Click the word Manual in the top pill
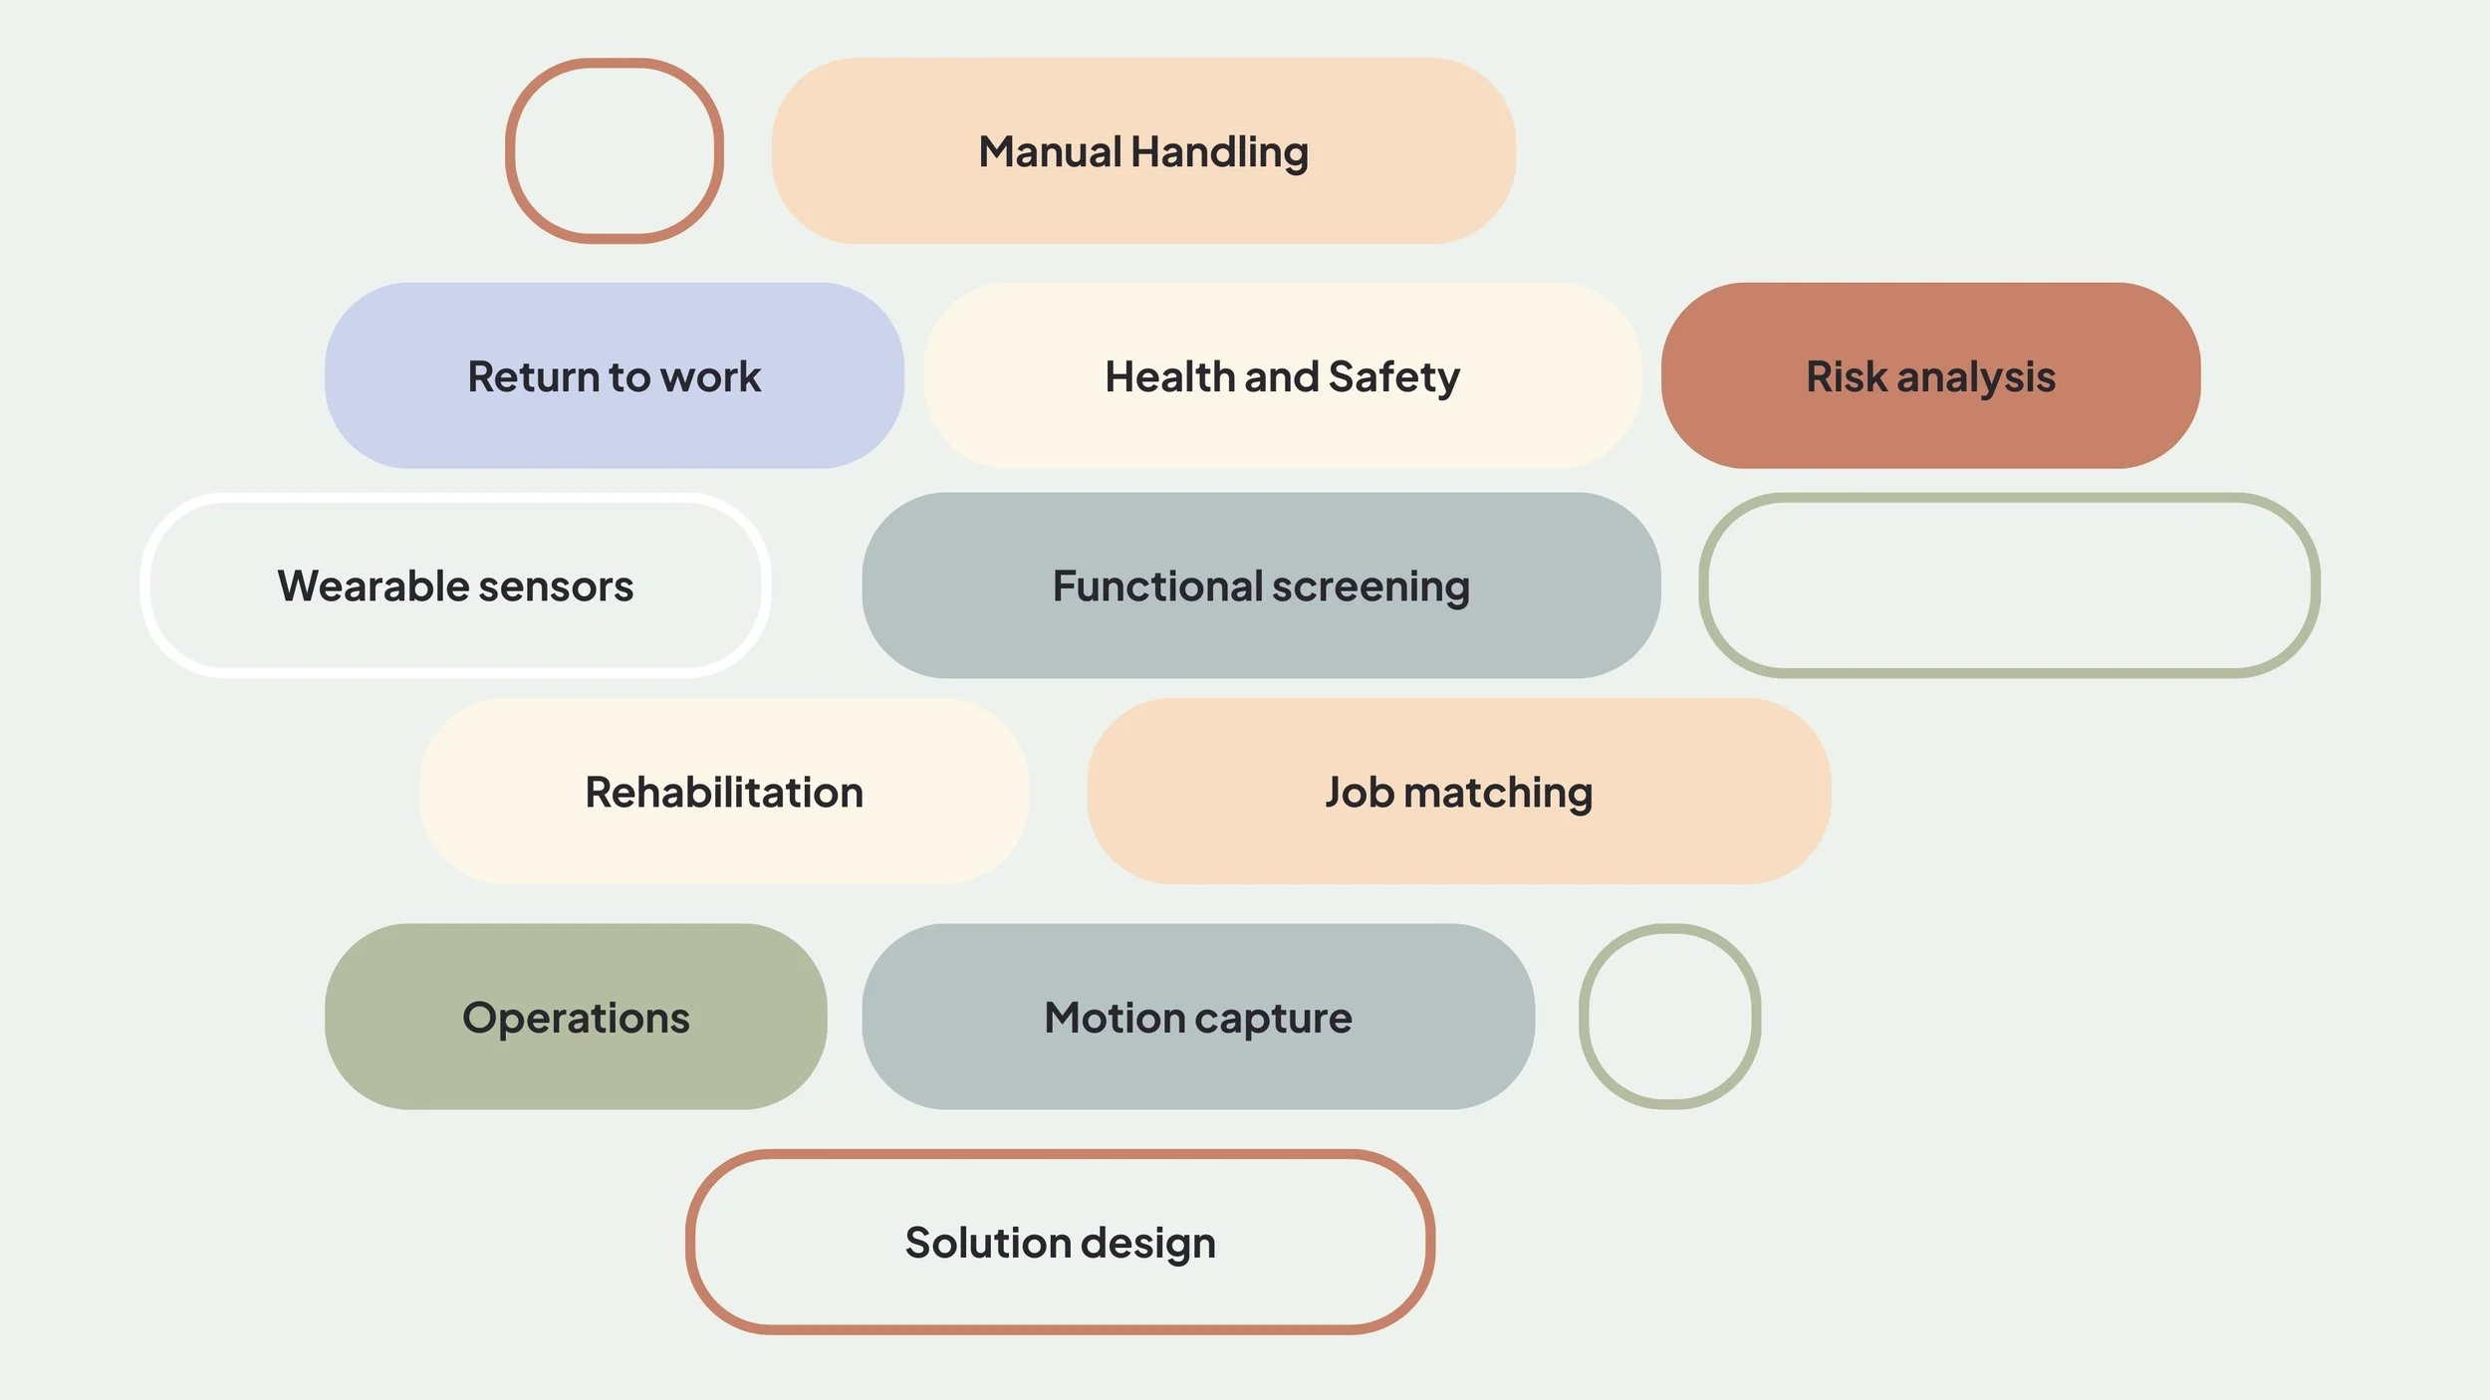pyautogui.click(x=1050, y=152)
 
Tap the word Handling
pyautogui.click(x=1220, y=152)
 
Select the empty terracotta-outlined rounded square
pyautogui.click(x=614, y=150)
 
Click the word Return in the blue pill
pyautogui.click(x=533, y=377)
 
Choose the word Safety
pyautogui.click(x=1393, y=377)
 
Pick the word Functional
pyautogui.click(x=1156, y=586)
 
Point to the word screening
pyautogui.click(x=1370, y=587)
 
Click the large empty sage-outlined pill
pyautogui.click(x=2009, y=585)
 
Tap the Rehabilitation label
pyautogui.click(x=724, y=793)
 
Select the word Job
pyautogui.click(x=1359, y=793)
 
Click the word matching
pyautogui.click(x=1498, y=794)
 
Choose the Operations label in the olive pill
pyautogui.click(x=576, y=1018)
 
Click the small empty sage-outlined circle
pyautogui.click(x=1669, y=1016)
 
